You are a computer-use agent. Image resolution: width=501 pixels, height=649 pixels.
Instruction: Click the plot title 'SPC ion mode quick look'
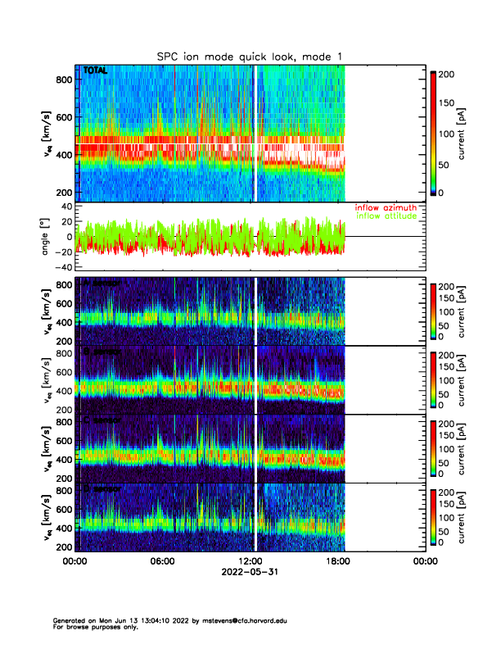point(250,56)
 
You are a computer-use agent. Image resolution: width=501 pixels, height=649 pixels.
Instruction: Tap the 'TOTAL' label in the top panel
point(95,71)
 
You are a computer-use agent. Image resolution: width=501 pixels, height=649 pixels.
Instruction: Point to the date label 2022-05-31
point(249,573)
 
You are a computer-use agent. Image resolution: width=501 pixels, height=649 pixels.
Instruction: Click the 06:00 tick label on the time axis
point(162,561)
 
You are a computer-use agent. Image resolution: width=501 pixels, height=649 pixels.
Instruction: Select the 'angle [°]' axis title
point(47,237)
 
